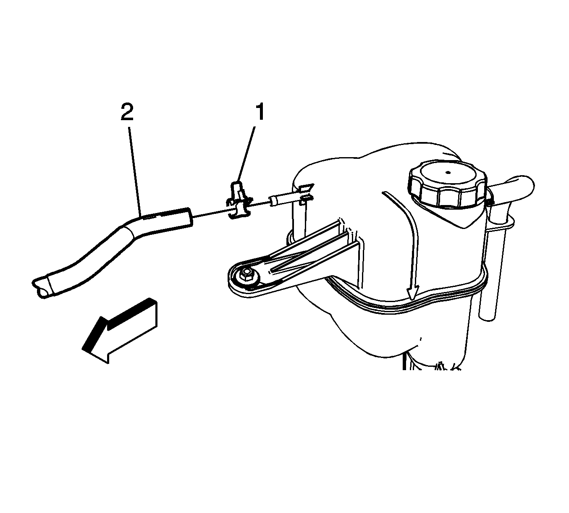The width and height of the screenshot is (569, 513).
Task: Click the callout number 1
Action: (260, 112)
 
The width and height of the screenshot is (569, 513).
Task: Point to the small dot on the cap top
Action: (448, 172)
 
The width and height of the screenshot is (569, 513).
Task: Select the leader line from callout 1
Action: (246, 154)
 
